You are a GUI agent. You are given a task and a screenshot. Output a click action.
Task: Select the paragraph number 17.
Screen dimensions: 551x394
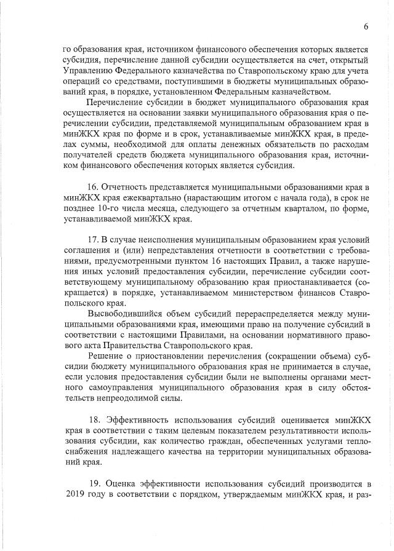point(95,239)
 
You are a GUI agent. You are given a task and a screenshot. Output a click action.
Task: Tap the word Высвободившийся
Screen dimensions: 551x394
point(123,314)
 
